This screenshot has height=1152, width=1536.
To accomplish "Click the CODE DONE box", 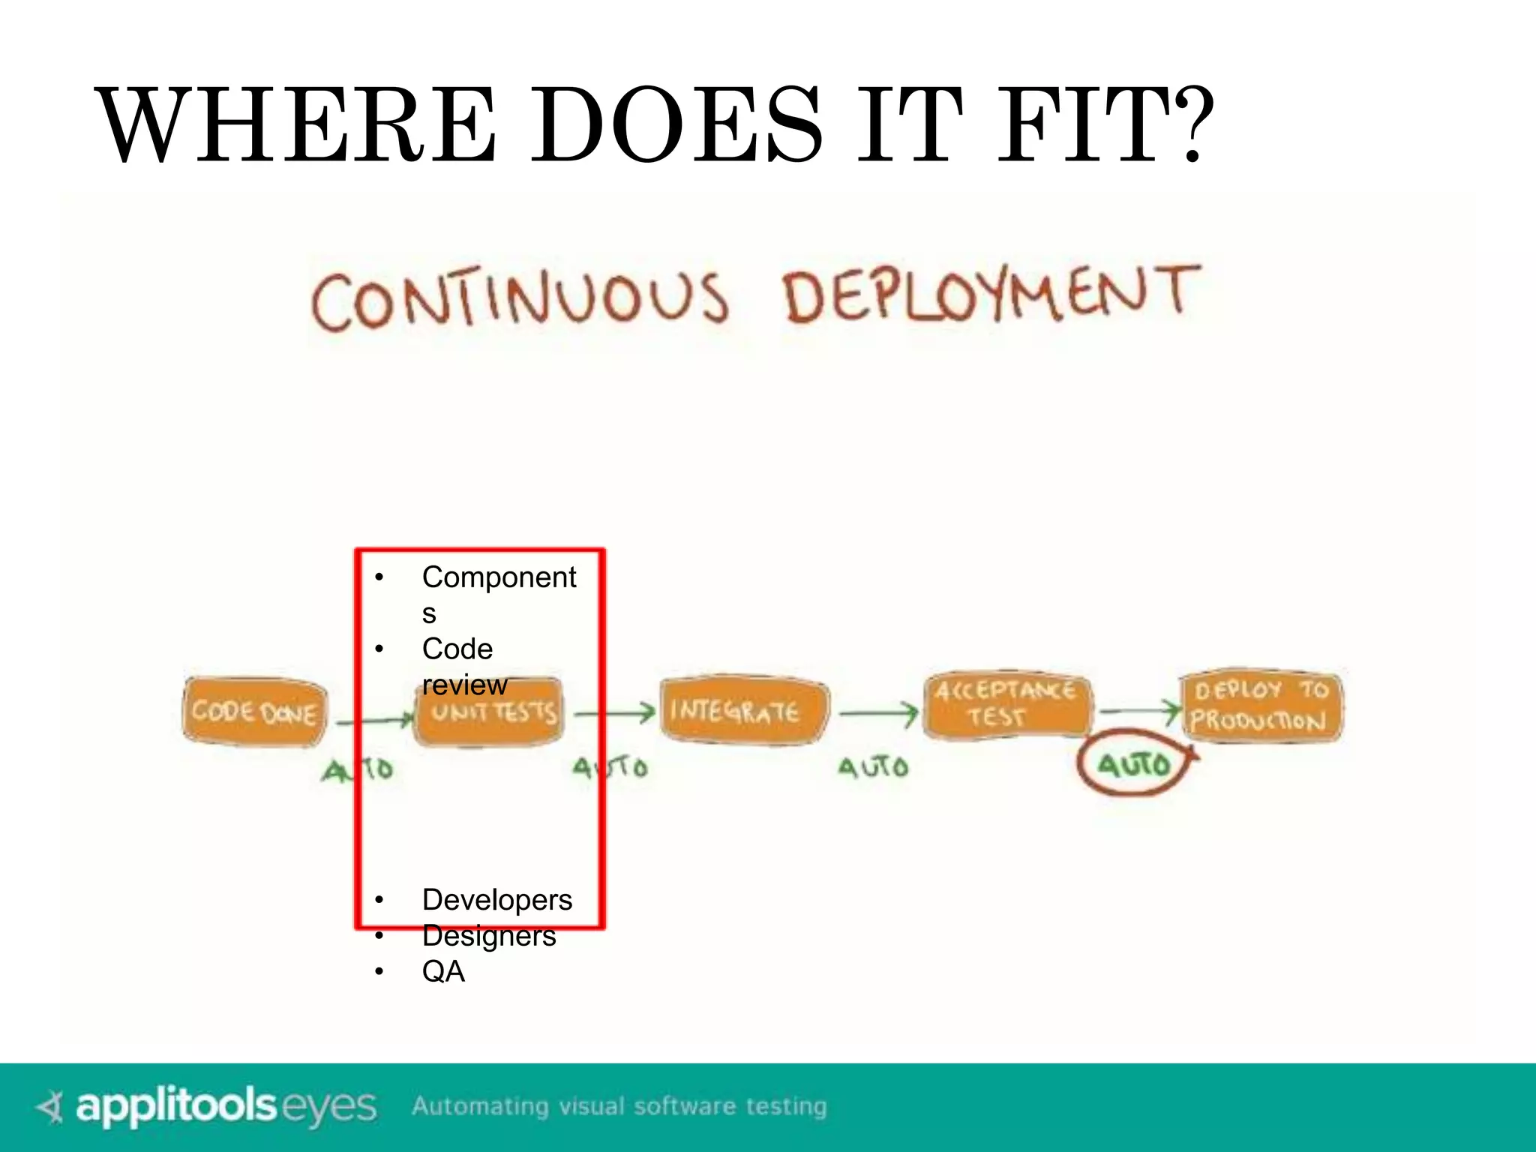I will [x=254, y=711].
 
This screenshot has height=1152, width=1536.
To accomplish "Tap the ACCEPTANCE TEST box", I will [x=1005, y=703].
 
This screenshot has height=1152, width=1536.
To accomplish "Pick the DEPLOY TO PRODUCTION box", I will [x=1261, y=705].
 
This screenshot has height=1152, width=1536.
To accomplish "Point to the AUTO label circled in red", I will [x=1134, y=764].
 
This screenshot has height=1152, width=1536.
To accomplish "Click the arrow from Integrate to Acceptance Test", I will [x=877, y=714].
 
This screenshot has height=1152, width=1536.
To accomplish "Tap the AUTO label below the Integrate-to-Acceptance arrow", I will [x=873, y=766].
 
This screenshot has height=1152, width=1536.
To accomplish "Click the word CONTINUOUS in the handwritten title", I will [x=520, y=299].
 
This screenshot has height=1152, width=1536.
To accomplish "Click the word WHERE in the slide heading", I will [x=296, y=125].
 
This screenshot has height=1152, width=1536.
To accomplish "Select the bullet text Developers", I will [x=496, y=899].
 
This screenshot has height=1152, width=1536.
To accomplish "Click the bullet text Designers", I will [x=489, y=935].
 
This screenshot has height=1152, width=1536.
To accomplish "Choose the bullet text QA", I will [x=443, y=971].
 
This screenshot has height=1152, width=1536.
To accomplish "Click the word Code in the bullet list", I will [x=457, y=649].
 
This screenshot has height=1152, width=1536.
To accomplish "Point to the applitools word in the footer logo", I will [x=176, y=1106].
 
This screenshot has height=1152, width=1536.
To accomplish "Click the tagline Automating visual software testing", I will [x=619, y=1106].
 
